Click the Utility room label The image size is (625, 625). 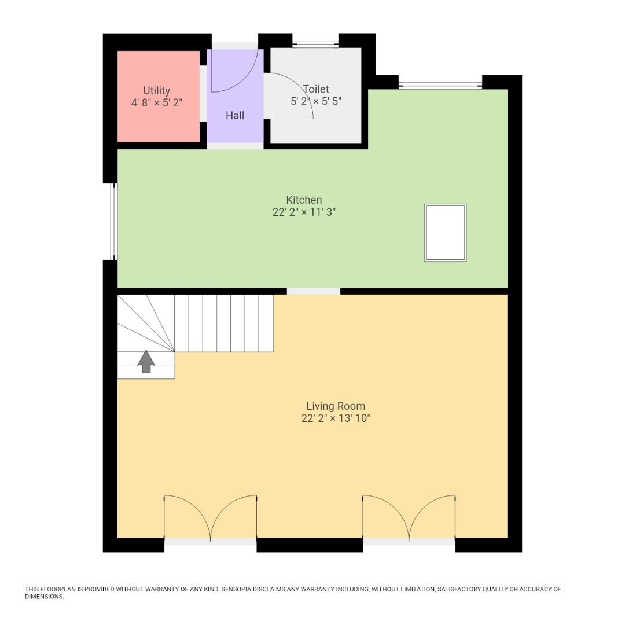(x=157, y=90)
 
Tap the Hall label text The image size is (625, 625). (x=235, y=116)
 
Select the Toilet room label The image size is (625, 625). (x=316, y=89)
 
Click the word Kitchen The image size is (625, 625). (x=304, y=200)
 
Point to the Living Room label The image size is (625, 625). (x=336, y=406)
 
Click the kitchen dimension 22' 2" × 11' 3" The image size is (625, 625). (x=304, y=212)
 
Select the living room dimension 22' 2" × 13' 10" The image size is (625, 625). (x=336, y=418)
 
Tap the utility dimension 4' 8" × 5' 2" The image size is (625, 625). (x=157, y=103)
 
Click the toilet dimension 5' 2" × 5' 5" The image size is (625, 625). (x=316, y=101)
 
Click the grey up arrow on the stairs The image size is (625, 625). (x=146, y=362)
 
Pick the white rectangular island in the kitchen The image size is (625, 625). (x=445, y=233)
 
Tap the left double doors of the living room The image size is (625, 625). (x=210, y=518)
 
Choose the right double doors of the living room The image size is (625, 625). (x=409, y=518)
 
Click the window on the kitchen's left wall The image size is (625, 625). (x=114, y=221)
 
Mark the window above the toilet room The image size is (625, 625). (x=315, y=43)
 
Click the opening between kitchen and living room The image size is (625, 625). (x=314, y=291)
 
